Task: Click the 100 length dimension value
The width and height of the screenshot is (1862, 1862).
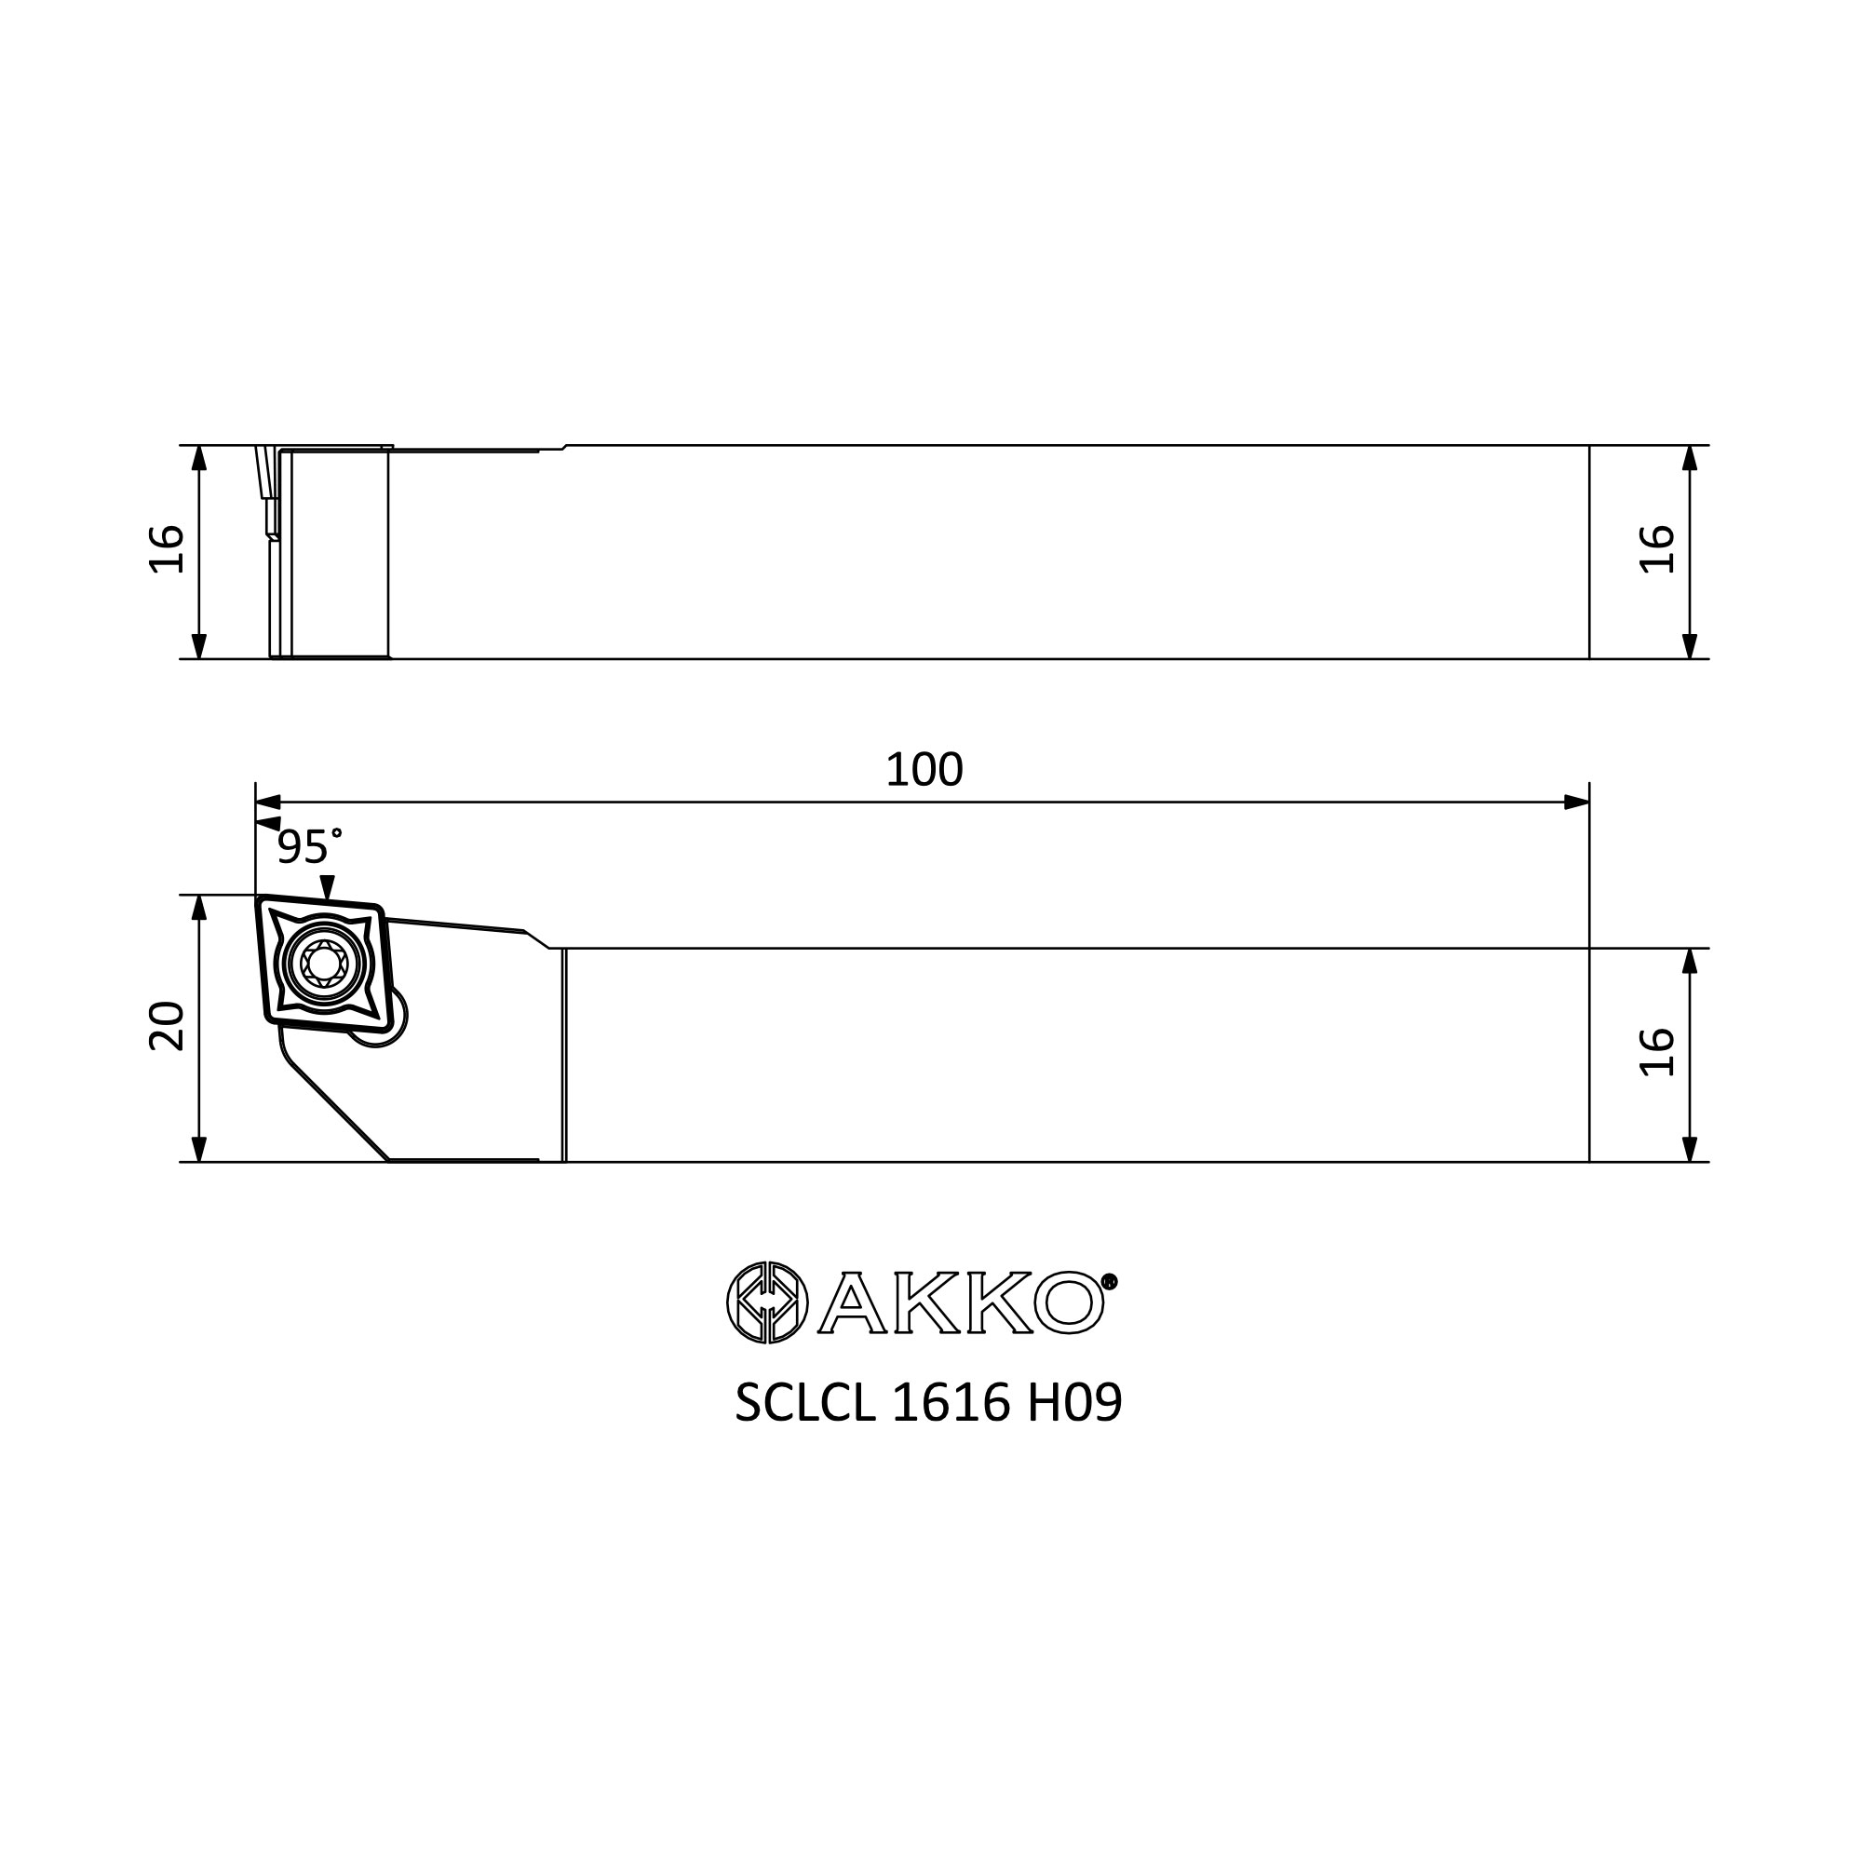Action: (x=924, y=770)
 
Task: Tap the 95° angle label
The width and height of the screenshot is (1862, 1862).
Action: (x=309, y=847)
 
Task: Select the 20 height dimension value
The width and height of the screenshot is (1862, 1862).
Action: (x=167, y=1026)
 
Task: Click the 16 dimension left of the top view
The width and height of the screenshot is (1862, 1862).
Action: (x=167, y=549)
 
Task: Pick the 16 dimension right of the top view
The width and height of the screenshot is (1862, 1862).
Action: (x=1657, y=549)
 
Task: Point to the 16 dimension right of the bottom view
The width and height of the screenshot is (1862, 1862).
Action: (x=1657, y=1052)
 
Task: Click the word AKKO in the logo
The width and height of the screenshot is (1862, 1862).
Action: (x=961, y=1303)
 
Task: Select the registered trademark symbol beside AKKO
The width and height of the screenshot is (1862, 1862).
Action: (x=1110, y=1282)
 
